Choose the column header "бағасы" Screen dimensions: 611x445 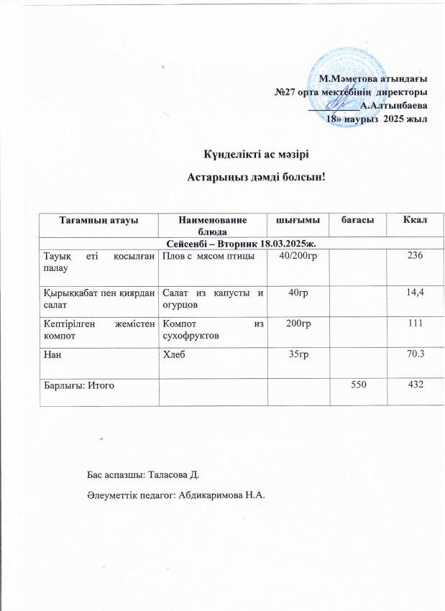(352, 219)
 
